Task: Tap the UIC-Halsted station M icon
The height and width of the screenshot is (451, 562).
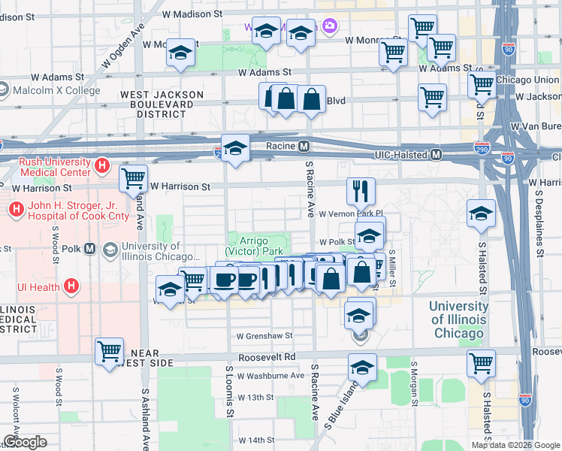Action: [x=436, y=155]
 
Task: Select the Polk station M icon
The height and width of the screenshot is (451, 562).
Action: [x=89, y=249]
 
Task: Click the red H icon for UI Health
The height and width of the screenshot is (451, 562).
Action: [x=71, y=286]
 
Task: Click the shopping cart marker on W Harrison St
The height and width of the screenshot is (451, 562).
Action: [x=133, y=179]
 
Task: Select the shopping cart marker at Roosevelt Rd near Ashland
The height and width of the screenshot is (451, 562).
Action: [x=109, y=350]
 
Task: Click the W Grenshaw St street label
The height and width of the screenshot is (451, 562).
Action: [x=263, y=336]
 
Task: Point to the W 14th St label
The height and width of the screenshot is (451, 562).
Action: [x=256, y=440]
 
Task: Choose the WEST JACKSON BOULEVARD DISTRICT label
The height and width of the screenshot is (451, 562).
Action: [x=162, y=104]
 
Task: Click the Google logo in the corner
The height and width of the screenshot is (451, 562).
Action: [x=25, y=442]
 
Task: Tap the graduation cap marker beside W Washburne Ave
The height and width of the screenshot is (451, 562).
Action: [x=362, y=368]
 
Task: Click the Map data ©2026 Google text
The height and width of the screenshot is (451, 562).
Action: [x=515, y=445]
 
